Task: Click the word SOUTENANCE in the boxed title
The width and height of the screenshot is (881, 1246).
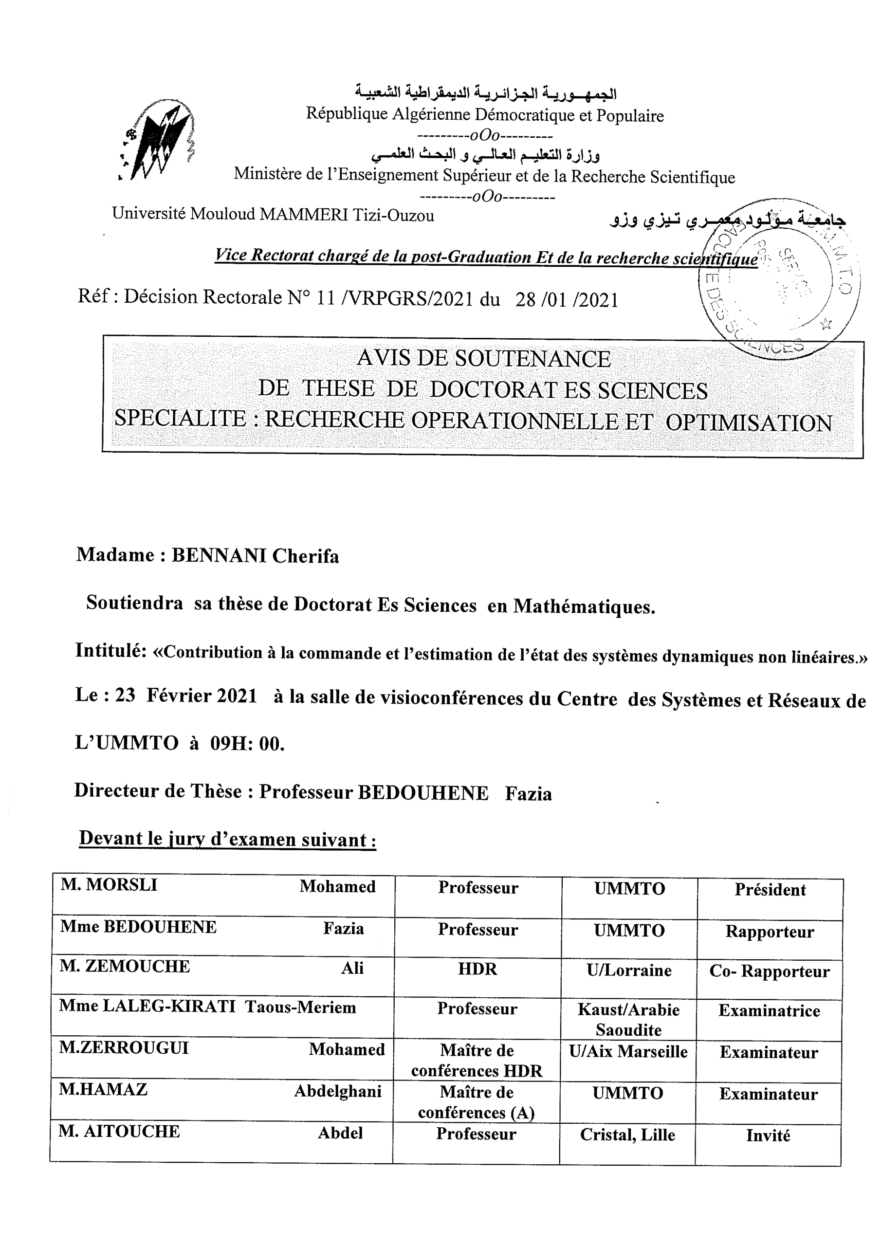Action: point(532,359)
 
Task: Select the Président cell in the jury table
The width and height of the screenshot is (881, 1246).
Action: point(770,890)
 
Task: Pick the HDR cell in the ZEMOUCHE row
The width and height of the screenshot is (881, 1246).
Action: point(477,969)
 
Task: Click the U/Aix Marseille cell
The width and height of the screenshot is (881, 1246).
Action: point(628,1052)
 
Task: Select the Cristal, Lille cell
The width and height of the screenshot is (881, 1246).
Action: point(627,1135)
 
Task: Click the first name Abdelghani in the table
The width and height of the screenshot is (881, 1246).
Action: point(338,1091)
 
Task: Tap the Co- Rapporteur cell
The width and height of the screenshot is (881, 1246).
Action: point(769,971)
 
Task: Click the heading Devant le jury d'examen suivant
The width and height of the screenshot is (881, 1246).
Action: point(227,839)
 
